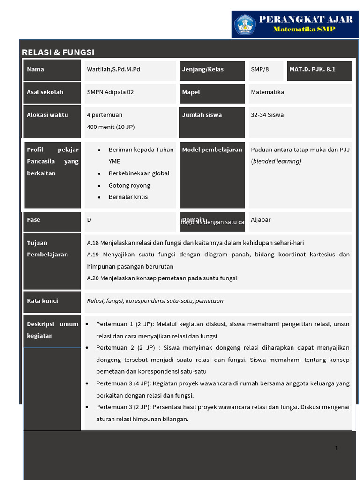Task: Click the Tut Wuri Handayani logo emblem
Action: (x=245, y=24)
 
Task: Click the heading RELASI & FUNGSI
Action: (x=58, y=52)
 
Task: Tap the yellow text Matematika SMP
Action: (x=304, y=30)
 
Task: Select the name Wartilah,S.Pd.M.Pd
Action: (x=113, y=69)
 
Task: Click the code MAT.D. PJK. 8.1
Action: (x=313, y=69)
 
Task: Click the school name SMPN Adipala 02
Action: (x=110, y=92)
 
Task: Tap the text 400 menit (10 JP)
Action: (x=111, y=127)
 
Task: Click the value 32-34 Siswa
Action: (x=267, y=115)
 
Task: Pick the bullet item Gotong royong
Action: (x=129, y=185)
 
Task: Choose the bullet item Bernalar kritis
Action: (x=128, y=197)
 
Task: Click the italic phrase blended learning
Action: (x=276, y=161)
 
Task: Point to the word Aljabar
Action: (x=261, y=220)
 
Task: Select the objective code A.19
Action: (x=93, y=255)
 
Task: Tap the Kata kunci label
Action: (x=43, y=301)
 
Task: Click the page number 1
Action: (x=336, y=449)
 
